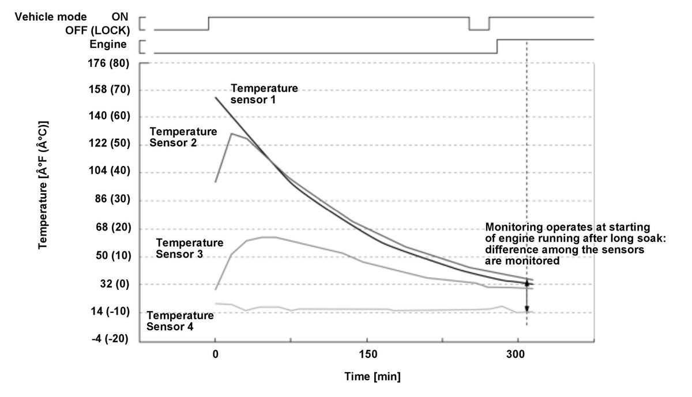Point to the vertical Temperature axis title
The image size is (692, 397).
click(43, 185)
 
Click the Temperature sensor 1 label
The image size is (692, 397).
click(264, 93)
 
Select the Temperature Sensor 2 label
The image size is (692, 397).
click(183, 137)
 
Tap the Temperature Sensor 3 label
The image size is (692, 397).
click(190, 248)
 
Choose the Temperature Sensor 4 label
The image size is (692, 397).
click(180, 321)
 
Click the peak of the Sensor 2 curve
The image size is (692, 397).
click(231, 134)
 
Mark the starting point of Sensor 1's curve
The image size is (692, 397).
click(216, 97)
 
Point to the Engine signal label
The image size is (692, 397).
click(108, 44)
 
